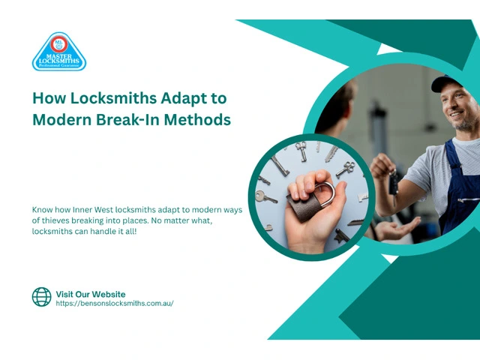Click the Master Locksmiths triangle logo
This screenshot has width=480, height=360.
(59, 52)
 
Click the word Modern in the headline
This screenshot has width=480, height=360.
(62, 119)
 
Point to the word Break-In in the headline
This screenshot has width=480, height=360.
(128, 119)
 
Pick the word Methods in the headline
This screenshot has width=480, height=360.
(197, 119)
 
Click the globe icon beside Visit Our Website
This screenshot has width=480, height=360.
(42, 297)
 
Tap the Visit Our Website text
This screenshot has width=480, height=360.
(91, 294)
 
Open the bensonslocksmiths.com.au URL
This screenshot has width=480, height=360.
(115, 303)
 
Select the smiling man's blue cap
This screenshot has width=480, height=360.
(445, 82)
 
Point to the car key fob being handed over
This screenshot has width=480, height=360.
(393, 184)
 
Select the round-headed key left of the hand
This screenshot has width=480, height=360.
(265, 197)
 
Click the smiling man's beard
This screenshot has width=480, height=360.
(465, 122)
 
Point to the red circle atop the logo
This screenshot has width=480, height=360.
(58, 44)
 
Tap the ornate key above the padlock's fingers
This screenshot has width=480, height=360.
(346, 169)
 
